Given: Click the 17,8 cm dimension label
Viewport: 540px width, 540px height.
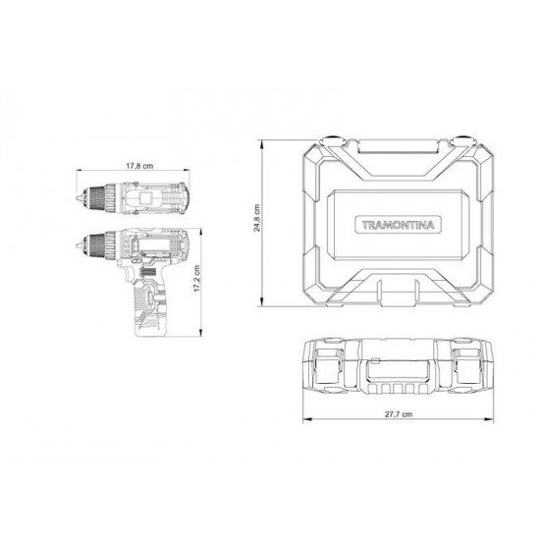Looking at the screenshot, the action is tap(139, 166).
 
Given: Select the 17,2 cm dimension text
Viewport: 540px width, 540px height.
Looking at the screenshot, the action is tap(197, 278).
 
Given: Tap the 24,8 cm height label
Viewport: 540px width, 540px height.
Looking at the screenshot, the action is tap(257, 218).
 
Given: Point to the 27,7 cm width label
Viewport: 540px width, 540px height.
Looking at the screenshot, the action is tap(399, 414).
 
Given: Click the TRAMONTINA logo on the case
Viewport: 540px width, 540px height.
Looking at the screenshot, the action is tap(398, 225).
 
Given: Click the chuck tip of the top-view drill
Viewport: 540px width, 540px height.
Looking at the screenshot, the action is tap(79, 198).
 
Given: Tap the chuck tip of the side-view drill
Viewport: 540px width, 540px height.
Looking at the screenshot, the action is tap(79, 245).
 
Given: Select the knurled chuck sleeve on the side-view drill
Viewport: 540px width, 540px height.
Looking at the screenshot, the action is tap(97, 245).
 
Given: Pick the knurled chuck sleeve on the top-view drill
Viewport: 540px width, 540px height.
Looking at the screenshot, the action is tap(97, 198).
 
